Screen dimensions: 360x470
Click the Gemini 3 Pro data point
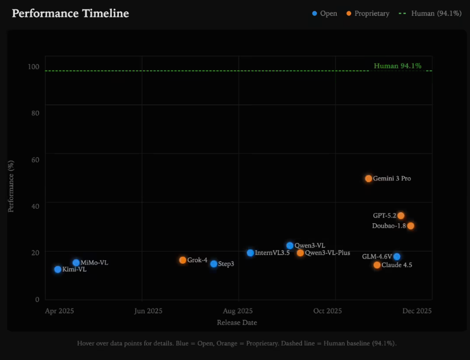369,179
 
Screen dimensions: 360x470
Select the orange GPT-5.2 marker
401,216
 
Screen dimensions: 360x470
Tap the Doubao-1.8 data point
411,226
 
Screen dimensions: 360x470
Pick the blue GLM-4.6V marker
397,257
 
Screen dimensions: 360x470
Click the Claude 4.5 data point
377,265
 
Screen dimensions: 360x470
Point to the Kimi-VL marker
58,270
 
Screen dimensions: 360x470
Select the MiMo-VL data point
76,263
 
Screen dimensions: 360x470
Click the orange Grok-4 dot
183,260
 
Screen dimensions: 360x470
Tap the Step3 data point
214,264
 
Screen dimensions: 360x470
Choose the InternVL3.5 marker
250,253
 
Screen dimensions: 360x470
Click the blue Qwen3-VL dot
290,246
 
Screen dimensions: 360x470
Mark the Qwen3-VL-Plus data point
300,253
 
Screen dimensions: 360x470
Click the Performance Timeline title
71,13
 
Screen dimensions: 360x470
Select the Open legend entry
325,13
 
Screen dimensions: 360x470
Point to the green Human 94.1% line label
398,66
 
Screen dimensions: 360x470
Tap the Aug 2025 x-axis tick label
238,311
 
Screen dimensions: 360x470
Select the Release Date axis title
237,322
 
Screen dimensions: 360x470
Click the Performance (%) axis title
11,186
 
